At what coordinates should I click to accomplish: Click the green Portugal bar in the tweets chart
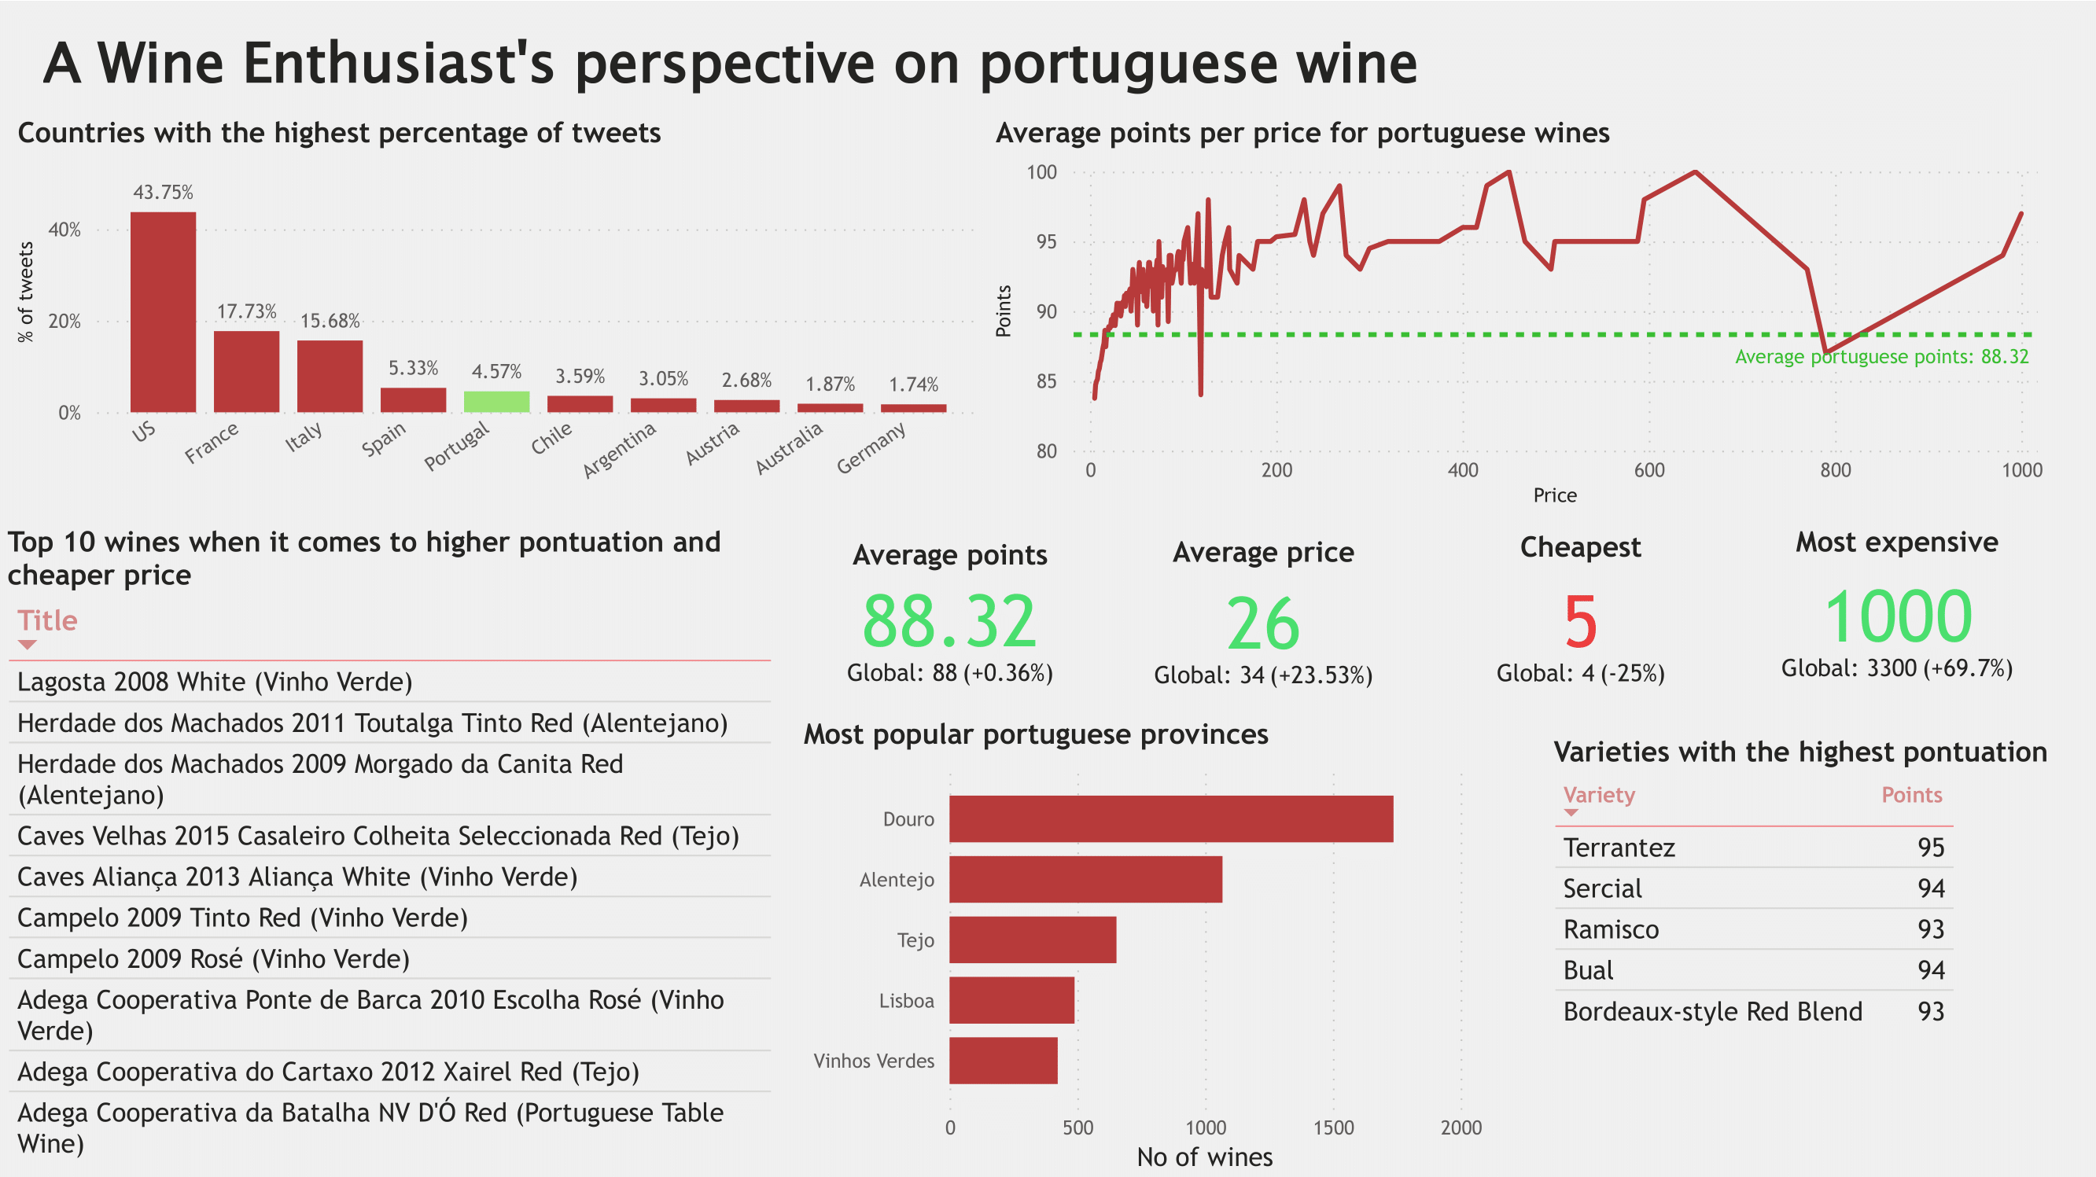(496, 402)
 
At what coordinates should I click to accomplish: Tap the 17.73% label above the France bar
(246, 311)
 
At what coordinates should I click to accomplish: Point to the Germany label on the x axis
(871, 447)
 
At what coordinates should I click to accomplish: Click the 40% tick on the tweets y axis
(64, 230)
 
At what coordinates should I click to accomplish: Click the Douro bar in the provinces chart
(1170, 818)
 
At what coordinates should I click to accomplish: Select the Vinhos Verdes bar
(1004, 1061)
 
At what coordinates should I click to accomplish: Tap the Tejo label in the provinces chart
(915, 940)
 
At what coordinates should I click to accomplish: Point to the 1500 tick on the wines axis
(1333, 1127)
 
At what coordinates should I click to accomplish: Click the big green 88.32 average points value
(949, 621)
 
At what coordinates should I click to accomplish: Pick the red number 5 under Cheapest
(1580, 622)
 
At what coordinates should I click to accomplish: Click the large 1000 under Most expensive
(1898, 616)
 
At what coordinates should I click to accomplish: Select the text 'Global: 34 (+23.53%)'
(1263, 675)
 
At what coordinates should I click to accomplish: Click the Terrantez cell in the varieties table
(1619, 848)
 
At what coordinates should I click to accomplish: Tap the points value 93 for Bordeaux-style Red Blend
(1930, 1011)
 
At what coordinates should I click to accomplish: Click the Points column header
(1911, 795)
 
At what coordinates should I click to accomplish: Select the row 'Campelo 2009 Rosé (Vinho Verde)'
(213, 959)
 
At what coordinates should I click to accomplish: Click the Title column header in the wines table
(47, 620)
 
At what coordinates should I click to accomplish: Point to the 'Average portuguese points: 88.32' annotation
(1881, 356)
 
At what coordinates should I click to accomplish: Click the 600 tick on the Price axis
(1649, 470)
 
